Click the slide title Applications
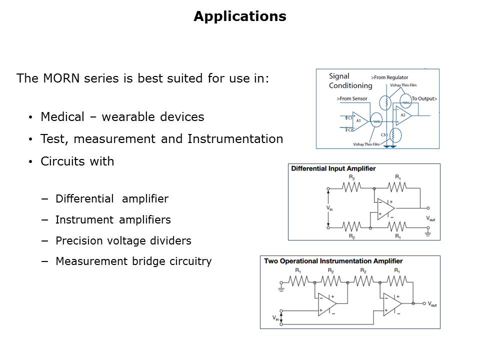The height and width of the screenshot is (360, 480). tap(239, 16)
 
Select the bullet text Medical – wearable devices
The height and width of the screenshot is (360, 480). tap(122, 117)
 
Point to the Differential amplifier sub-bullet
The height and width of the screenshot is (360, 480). tap(111, 198)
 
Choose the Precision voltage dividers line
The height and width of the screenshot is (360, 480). tap(123, 240)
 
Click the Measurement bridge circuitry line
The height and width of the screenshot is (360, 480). tap(133, 261)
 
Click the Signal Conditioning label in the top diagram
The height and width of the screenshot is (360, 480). tap(350, 81)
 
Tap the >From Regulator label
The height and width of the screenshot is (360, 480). tap(389, 77)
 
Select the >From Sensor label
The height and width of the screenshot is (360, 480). tap(352, 98)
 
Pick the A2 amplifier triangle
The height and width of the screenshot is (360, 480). tap(403, 115)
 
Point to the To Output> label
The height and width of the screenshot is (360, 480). tap(424, 98)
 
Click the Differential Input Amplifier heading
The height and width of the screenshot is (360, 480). tap(333, 168)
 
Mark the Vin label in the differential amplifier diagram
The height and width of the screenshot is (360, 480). tap(329, 208)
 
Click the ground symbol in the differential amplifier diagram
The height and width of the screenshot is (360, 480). tap(428, 232)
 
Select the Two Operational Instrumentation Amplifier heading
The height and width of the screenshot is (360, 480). tap(333, 260)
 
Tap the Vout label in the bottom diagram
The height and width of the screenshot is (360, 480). tap(432, 304)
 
